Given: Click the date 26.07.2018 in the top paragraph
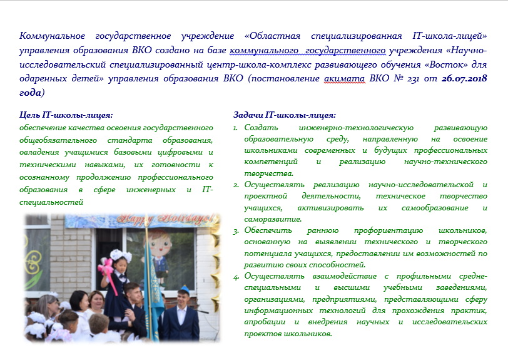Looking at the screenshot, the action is pyautogui.click(x=464, y=78).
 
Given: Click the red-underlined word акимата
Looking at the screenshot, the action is pyautogui.click(x=344, y=78).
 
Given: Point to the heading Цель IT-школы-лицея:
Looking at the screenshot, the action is pyautogui.click(x=66, y=115).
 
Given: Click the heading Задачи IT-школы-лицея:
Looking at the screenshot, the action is pyautogui.click(x=285, y=115).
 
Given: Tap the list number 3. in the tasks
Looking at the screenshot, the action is pyautogui.click(x=236, y=230).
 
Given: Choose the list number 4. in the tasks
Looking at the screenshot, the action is pyautogui.click(x=236, y=276).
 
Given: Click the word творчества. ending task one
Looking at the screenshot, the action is pyautogui.click(x=268, y=173).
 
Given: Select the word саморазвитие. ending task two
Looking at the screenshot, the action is pyautogui.click(x=273, y=219).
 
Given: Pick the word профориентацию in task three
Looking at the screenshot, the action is pyautogui.click(x=388, y=230).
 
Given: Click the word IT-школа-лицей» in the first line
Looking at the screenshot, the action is pyautogui.click(x=450, y=36).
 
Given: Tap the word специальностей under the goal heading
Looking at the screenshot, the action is pyautogui.click(x=51, y=202).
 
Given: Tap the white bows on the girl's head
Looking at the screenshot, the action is pyautogui.click(x=121, y=255).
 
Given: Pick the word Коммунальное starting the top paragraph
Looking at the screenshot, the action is pyautogui.click(x=52, y=36).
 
